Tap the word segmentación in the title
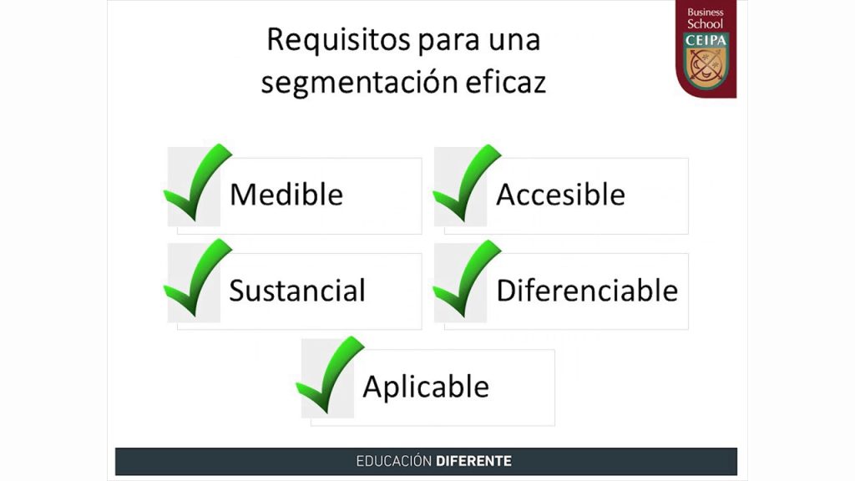point(359,83)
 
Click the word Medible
point(286,194)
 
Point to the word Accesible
point(560,194)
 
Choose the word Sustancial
point(297,290)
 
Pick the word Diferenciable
point(587,290)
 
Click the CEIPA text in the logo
point(706,40)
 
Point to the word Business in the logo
point(705,12)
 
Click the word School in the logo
point(705,24)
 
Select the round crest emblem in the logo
point(706,65)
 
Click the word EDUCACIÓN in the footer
point(394,461)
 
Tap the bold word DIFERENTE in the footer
point(474,461)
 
